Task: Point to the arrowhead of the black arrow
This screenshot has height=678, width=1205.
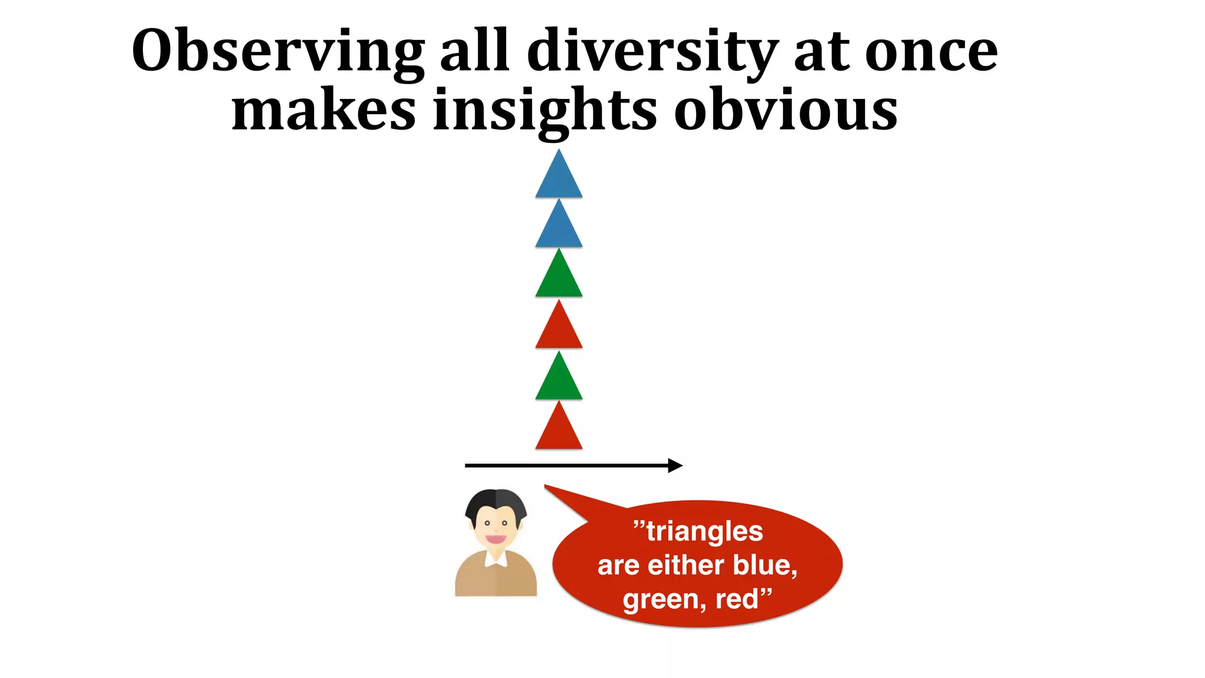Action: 675,466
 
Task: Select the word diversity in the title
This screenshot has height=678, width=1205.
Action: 653,52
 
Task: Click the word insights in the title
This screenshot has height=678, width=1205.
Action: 544,111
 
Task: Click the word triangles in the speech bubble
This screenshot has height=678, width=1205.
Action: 704,531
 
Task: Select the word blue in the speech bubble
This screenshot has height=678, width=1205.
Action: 762,565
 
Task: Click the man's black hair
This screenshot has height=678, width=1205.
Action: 495,501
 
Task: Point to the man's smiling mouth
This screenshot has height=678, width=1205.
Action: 495,539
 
